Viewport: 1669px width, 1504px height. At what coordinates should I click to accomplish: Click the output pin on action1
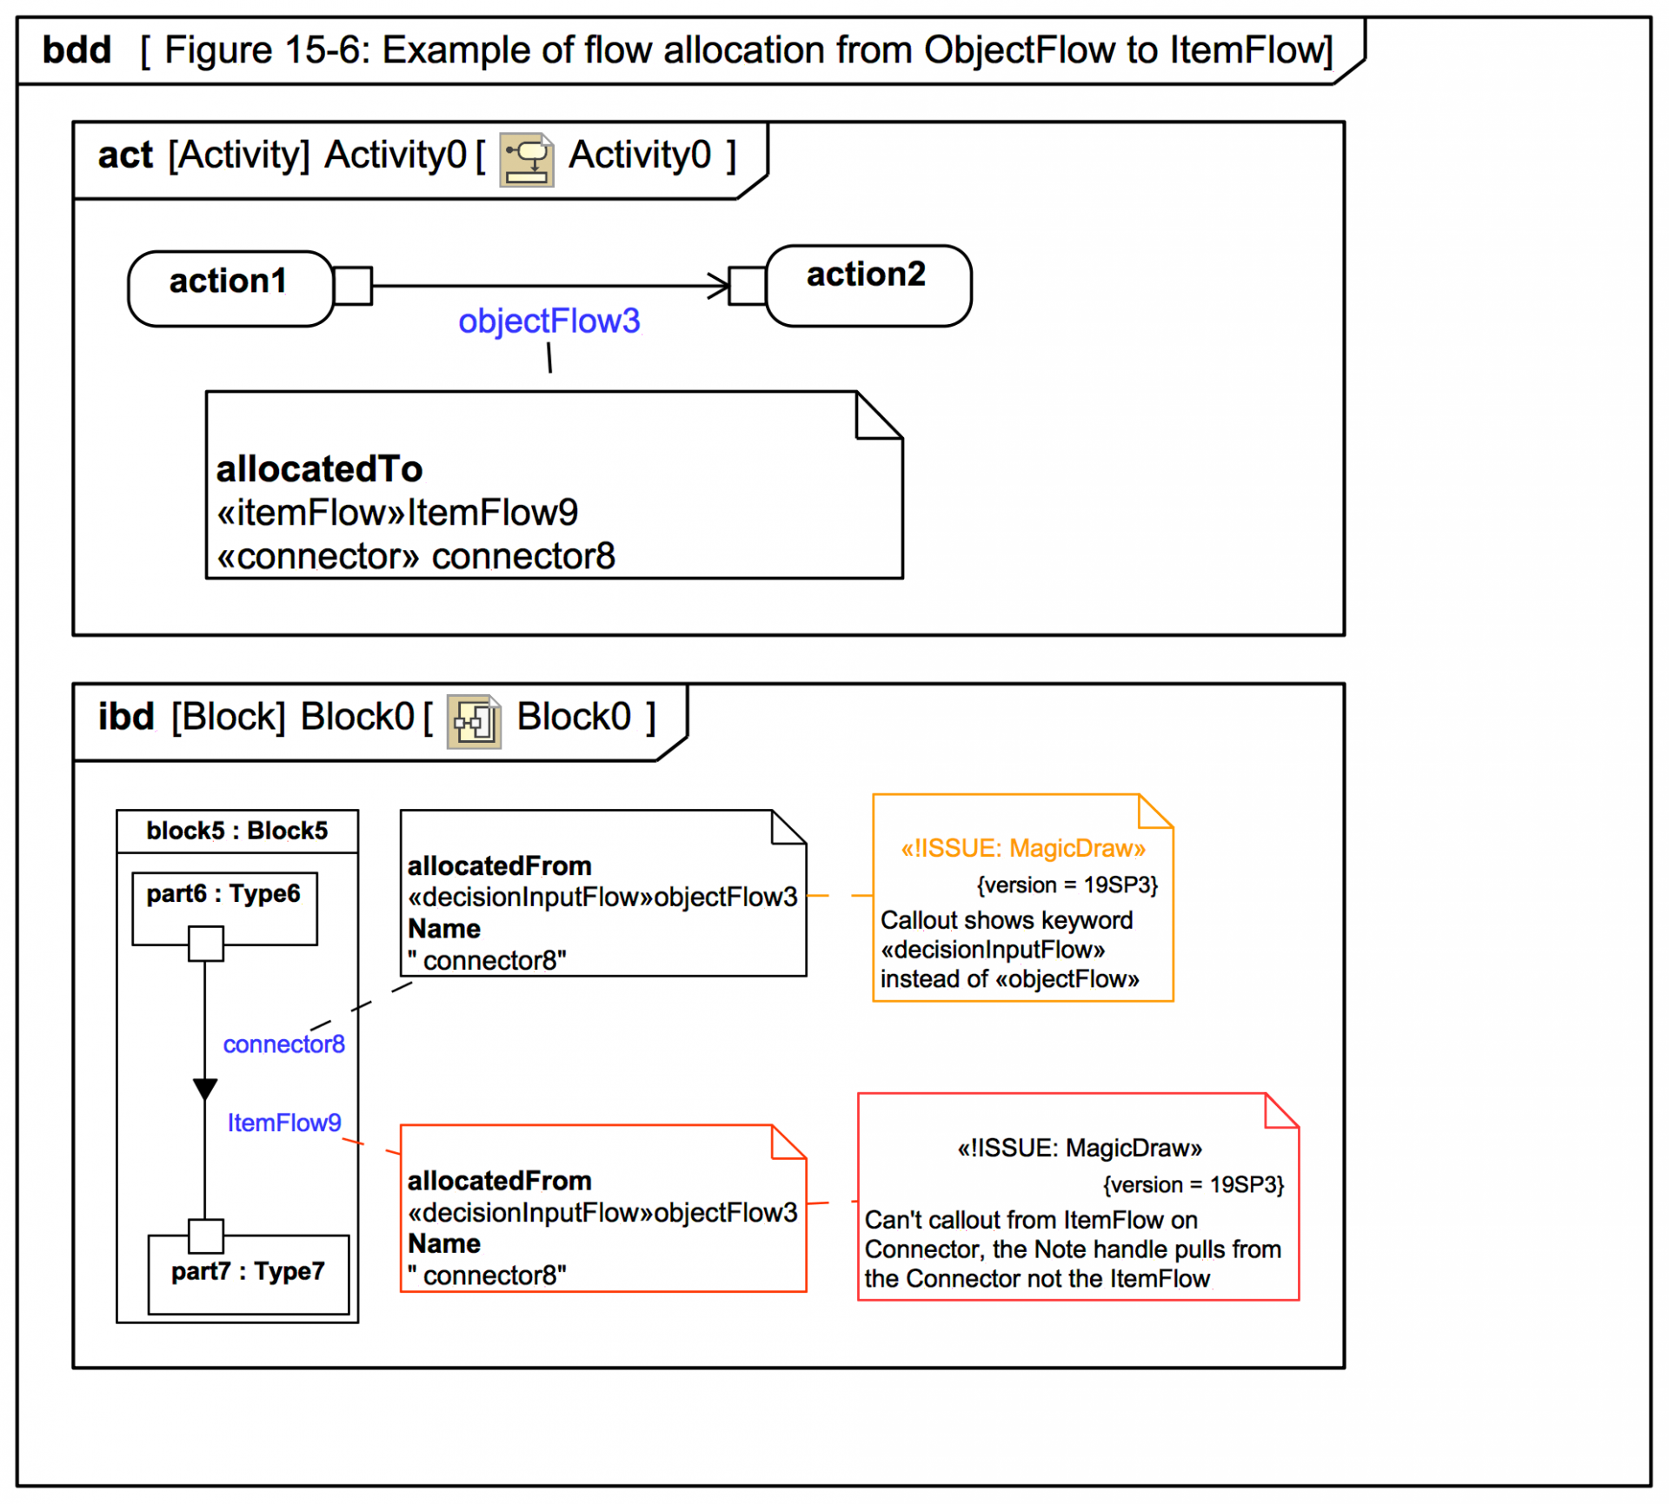coord(353,286)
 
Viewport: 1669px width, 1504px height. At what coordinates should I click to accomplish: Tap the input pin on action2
coord(747,286)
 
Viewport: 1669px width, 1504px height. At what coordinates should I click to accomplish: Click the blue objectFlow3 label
coord(549,321)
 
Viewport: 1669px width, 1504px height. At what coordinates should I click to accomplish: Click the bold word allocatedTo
coord(319,469)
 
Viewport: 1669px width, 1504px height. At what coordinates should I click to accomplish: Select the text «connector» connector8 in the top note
coord(416,556)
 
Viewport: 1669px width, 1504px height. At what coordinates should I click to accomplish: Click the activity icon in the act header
coord(526,159)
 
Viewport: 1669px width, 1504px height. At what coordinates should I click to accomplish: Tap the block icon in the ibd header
coord(474,721)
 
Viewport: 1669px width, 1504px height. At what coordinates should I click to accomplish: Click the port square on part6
coord(206,944)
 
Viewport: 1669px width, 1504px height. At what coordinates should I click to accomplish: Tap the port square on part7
coord(206,1236)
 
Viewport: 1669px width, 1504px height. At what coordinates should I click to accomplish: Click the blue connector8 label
coord(283,1044)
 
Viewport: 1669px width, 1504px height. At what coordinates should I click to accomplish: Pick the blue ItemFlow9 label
coord(284,1123)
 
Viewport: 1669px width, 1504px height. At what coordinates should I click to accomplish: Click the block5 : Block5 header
coord(237,831)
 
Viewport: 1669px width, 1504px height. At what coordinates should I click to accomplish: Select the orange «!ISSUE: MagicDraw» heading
coord(1023,848)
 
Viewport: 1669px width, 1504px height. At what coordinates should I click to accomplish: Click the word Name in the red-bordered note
coord(444,1243)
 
